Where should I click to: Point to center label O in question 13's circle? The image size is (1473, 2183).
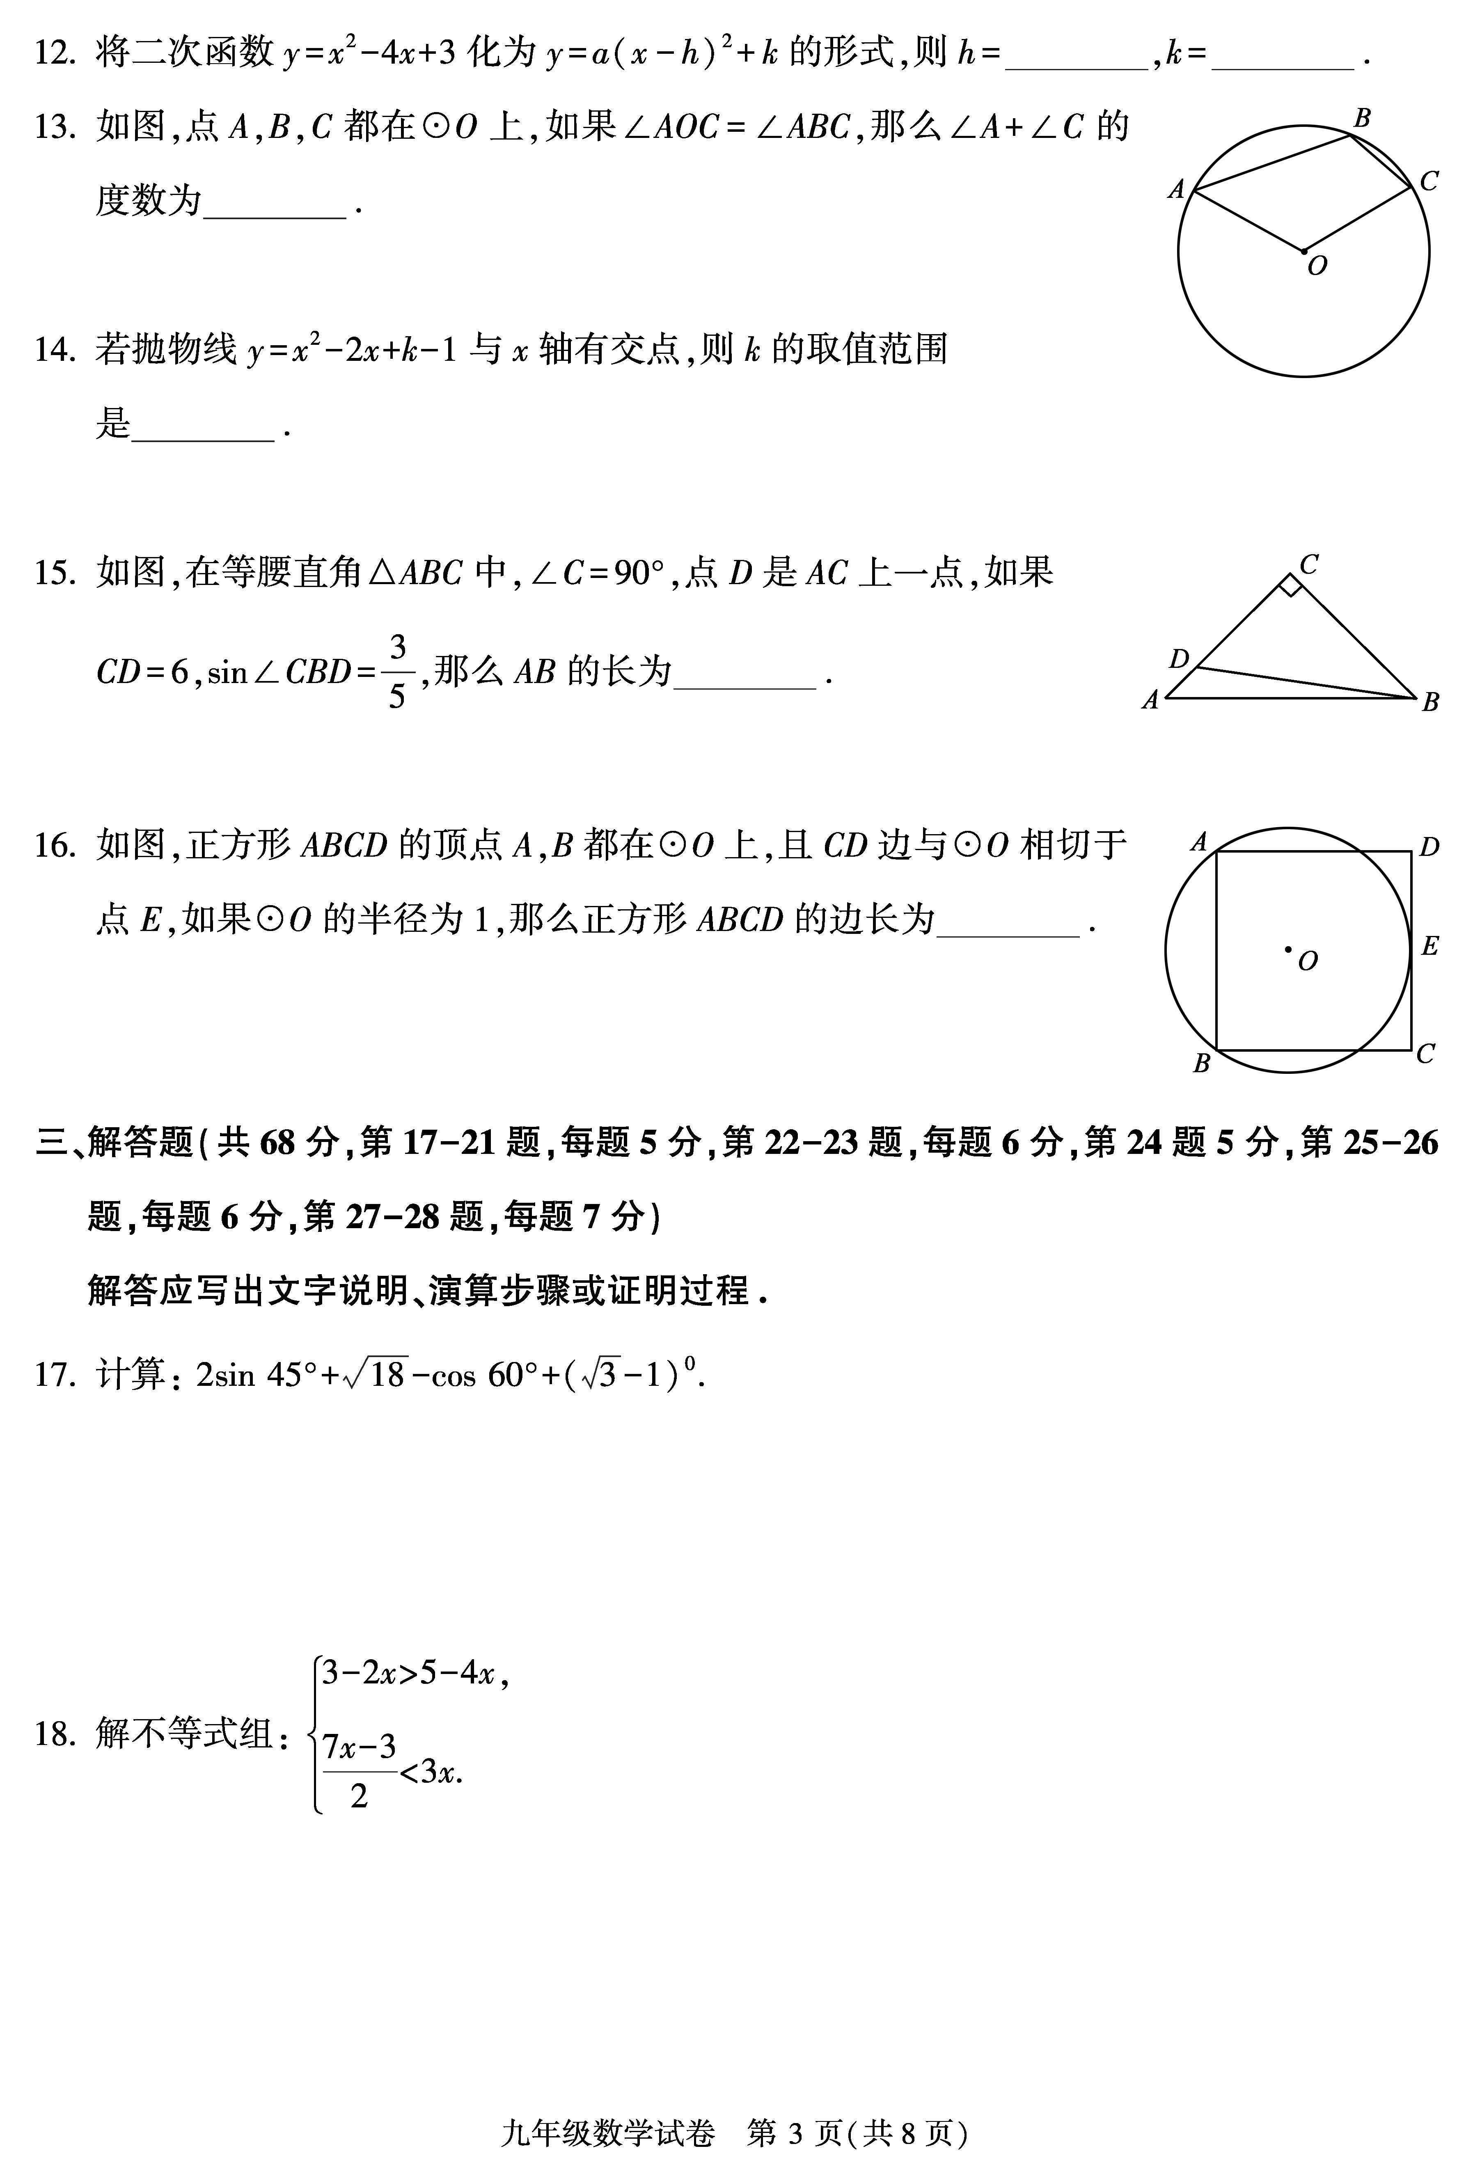pyautogui.click(x=1317, y=267)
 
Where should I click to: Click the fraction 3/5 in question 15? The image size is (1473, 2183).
pyautogui.click(x=397, y=672)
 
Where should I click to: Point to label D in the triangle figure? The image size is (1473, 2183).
pyautogui.click(x=1179, y=658)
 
